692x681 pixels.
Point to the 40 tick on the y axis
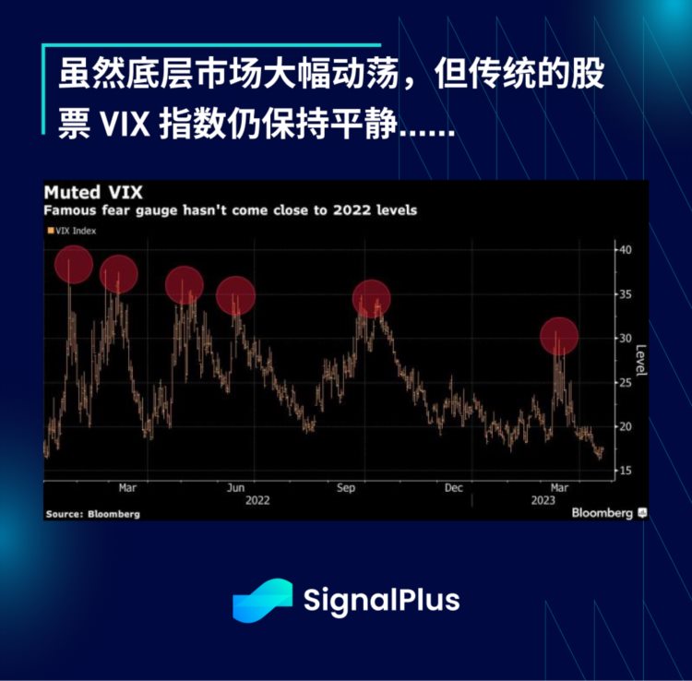625,250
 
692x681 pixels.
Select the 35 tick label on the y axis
625,294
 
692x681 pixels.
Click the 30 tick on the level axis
625,339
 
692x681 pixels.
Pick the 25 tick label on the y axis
625,383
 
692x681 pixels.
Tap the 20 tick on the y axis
625,427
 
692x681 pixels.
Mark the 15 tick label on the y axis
625,472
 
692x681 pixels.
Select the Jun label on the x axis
235,487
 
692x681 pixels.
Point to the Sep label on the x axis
346,487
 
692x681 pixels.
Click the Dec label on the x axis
453,487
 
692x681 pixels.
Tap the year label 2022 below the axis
257,500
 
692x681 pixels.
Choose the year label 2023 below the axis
543,500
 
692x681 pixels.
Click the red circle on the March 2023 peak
558,336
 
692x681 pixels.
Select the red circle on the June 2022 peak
235,294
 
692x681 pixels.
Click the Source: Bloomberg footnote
92,514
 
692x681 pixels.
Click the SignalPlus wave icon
262,600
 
